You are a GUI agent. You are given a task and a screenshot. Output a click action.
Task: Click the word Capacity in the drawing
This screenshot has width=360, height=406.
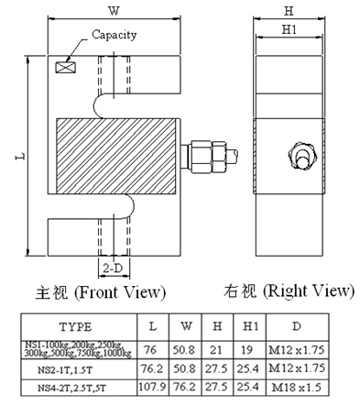coord(114,35)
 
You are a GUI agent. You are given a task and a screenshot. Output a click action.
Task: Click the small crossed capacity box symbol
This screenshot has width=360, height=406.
coord(65,67)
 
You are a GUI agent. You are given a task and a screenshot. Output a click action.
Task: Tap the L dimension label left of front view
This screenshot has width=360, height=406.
coord(18,158)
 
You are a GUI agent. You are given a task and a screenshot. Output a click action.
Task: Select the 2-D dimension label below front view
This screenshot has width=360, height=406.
coord(113,268)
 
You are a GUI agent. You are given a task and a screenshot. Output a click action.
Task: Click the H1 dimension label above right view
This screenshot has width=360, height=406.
coord(289,30)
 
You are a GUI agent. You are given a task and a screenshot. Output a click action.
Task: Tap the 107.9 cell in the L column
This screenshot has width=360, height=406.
coord(153,389)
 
